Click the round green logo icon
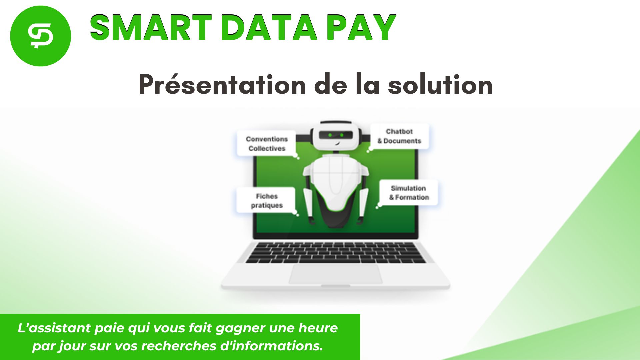coord(40,36)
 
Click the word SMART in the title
coord(151,28)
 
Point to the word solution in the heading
coord(440,85)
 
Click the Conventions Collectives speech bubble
coord(267,144)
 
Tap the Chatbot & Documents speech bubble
coord(399,136)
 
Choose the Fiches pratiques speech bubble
coord(266,201)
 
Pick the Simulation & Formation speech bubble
coord(409,193)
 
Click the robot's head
coord(336,136)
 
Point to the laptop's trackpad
coord(336,274)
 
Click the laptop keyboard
coord(336,253)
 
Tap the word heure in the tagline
coord(318,328)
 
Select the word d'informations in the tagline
coord(271,346)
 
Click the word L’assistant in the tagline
coord(53,328)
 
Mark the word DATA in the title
coord(269,28)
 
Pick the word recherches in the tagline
coord(179,346)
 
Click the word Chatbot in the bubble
coord(399,132)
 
